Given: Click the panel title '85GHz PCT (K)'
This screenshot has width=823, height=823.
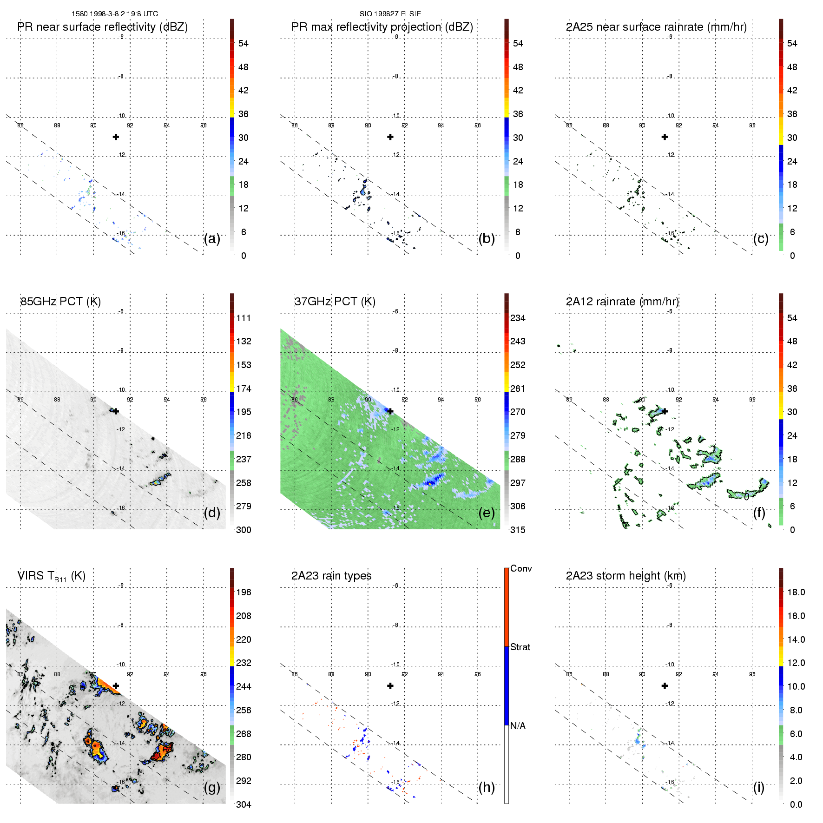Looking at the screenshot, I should [60, 301].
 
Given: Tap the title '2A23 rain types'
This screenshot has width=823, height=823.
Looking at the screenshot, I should [331, 576].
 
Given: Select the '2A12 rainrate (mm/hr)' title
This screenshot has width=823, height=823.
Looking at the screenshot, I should [622, 301].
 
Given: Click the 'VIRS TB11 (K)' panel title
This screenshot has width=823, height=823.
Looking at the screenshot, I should [51, 576].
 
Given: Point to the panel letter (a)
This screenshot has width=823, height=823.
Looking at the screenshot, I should [212, 238].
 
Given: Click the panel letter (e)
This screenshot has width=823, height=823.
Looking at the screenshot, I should [487, 513].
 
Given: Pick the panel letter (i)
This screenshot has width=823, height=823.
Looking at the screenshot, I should [758, 787].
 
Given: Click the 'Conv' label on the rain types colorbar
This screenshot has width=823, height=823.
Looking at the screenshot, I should [521, 568].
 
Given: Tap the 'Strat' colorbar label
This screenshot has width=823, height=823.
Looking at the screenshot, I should [520, 647].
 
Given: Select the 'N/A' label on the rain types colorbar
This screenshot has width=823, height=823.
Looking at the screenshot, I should [518, 726].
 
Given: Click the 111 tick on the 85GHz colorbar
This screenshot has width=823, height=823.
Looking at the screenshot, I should [244, 318].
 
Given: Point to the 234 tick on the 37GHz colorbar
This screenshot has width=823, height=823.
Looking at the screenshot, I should [518, 318].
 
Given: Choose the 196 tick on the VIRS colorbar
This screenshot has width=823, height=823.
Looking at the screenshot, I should [244, 592].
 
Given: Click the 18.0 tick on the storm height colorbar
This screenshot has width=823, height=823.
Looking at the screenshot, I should [796, 592].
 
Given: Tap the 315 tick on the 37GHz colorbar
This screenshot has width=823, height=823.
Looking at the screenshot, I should [518, 530].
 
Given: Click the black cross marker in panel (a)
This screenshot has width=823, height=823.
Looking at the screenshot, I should [116, 137].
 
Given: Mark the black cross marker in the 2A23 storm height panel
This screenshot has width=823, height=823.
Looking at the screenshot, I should [665, 685].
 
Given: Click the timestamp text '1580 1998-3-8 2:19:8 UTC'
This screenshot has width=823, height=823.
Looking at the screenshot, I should [115, 14].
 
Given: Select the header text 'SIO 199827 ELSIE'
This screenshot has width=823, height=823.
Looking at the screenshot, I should [390, 14].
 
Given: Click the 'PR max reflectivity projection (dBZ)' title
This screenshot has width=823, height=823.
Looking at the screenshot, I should [382, 27].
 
